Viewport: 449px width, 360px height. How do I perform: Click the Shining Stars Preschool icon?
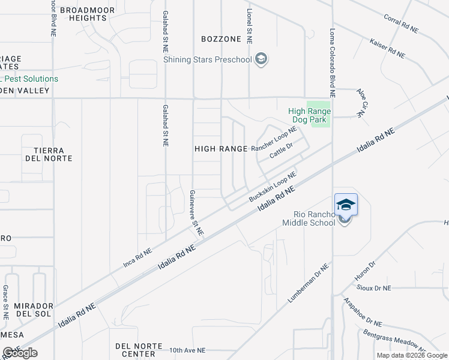(261, 58)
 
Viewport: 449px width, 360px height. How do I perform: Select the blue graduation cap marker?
(346, 205)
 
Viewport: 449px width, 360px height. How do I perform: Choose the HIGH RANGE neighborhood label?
(220, 148)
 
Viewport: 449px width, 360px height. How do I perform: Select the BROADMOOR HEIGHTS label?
(83, 14)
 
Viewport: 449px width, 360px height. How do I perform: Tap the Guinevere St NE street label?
(196, 212)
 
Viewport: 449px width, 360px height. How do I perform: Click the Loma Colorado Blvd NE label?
(331, 63)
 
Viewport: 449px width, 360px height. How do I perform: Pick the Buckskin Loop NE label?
(273, 187)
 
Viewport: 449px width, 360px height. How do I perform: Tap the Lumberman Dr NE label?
(309, 283)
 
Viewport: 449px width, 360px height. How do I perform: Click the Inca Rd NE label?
(137, 256)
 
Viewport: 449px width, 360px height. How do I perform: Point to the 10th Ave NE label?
(187, 350)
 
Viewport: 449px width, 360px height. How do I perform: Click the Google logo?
(20, 353)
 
